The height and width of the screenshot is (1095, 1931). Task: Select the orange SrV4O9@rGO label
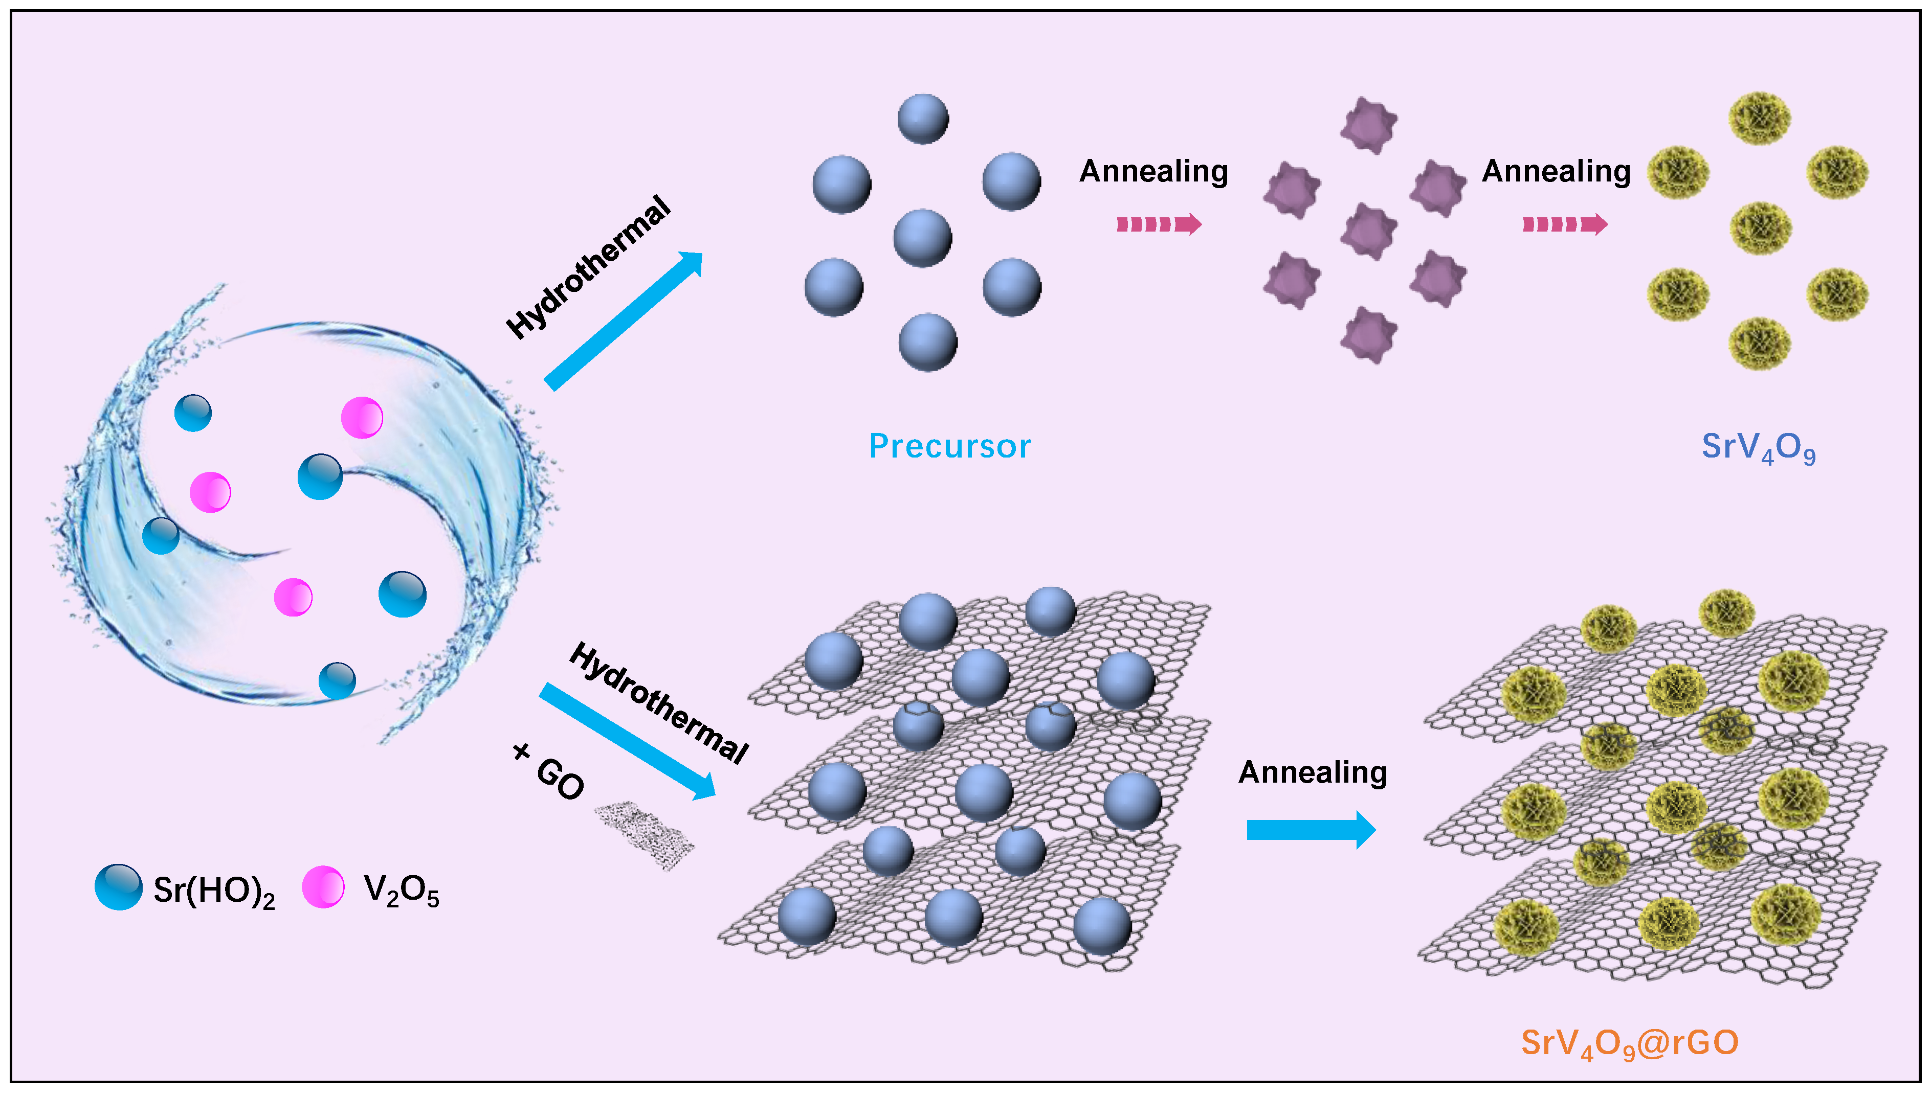(x=1629, y=1042)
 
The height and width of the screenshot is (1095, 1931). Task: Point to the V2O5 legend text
(x=401, y=891)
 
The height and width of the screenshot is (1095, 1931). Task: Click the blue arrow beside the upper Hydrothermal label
(x=623, y=321)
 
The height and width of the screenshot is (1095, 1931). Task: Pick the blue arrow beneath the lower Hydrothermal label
(x=627, y=741)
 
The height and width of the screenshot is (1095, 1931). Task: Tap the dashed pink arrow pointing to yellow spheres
(x=1565, y=224)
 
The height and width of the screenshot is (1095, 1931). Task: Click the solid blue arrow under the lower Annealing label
(x=1310, y=830)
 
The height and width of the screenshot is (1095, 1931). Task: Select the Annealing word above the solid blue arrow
(x=1313, y=772)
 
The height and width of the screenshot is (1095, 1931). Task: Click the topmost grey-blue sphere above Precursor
(x=923, y=119)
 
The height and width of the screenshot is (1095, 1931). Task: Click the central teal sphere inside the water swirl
(x=320, y=477)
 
